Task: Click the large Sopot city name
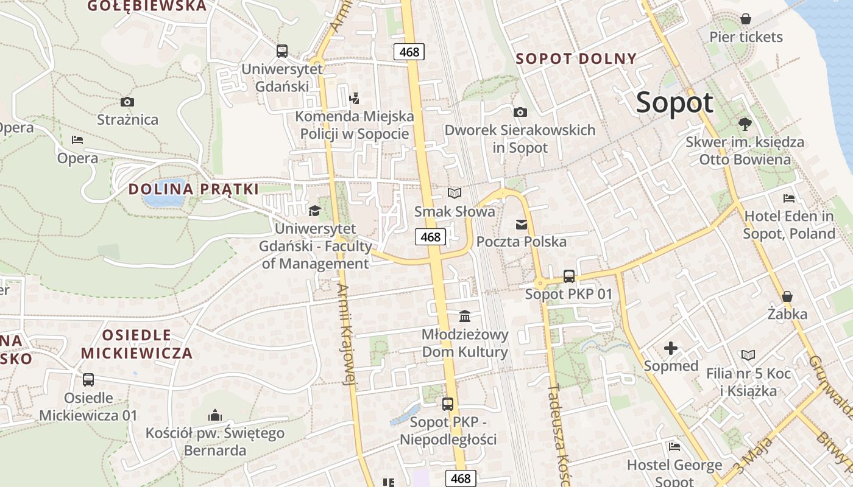[x=674, y=102]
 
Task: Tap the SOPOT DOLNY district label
[x=576, y=59]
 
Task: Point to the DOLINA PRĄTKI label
[x=194, y=189]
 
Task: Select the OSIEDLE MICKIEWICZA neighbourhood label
[x=136, y=344]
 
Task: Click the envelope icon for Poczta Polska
[x=522, y=225]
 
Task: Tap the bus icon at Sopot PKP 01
[x=568, y=276]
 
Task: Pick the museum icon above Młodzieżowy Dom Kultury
[x=465, y=316]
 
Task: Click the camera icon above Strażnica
[x=127, y=102]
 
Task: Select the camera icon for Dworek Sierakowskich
[x=520, y=112]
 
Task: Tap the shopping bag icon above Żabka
[x=787, y=296]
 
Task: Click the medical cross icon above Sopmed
[x=671, y=348]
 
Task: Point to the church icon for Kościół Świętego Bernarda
[x=214, y=415]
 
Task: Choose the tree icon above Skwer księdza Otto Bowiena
[x=744, y=124]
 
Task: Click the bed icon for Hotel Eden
[x=788, y=198]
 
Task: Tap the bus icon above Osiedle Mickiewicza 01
[x=88, y=380]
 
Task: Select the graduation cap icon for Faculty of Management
[x=314, y=211]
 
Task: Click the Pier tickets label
[x=746, y=37]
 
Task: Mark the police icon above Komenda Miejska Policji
[x=354, y=97]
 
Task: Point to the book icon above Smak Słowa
[x=454, y=193]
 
